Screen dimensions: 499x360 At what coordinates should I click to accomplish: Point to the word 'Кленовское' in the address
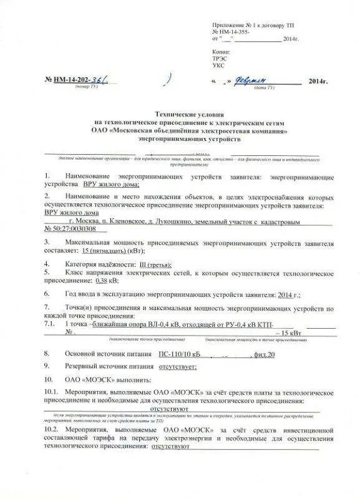coord(126,221)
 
